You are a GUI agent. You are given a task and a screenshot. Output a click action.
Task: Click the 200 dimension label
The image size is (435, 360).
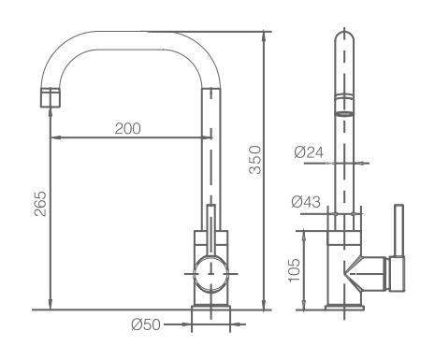[x=127, y=128]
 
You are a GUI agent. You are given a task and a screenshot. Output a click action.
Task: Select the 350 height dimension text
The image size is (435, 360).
[x=255, y=160]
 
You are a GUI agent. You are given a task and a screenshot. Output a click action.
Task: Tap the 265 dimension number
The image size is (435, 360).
[x=40, y=204]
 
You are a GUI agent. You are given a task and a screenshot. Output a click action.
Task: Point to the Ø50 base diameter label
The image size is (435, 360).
[x=146, y=324]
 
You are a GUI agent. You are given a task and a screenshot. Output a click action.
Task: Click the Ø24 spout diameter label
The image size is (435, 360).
[x=309, y=152]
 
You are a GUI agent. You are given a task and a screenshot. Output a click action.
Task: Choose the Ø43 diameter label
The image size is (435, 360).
[x=306, y=202]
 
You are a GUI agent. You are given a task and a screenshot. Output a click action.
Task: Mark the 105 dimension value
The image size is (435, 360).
[x=294, y=270]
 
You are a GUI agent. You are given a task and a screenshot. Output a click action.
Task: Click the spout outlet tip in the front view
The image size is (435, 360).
[x=51, y=98]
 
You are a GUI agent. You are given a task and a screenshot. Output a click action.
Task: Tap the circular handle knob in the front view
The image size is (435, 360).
[x=210, y=274]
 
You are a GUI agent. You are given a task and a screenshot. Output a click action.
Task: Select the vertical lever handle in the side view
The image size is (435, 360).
[x=399, y=231]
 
